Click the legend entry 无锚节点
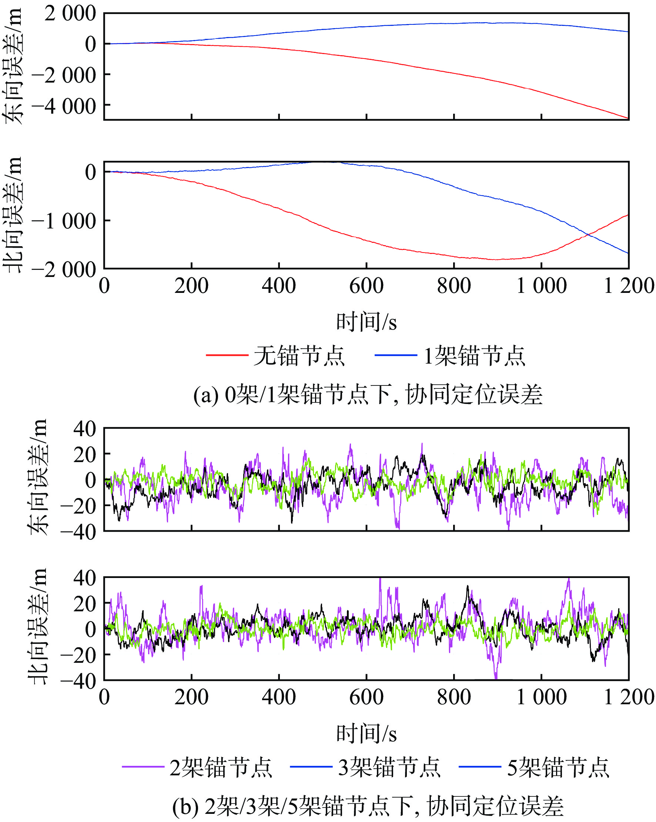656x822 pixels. (x=299, y=356)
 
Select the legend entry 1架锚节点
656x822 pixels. (x=474, y=356)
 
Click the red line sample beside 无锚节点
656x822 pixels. (x=227, y=355)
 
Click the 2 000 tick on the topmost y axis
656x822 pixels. (x=70, y=14)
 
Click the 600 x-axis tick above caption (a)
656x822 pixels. (x=366, y=286)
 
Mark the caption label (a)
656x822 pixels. (x=205, y=395)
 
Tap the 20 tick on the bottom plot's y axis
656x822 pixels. (x=85, y=604)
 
